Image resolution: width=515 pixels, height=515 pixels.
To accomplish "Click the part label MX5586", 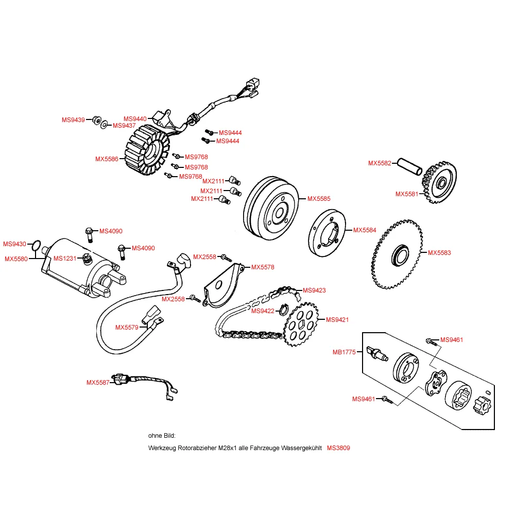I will [106, 159].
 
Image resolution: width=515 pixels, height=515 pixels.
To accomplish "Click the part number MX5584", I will [364, 230].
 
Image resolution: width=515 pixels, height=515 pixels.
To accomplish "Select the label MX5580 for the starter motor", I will [16, 259].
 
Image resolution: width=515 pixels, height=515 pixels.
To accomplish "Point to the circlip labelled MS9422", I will [282, 310].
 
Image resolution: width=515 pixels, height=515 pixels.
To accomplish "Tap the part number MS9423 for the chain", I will [314, 290].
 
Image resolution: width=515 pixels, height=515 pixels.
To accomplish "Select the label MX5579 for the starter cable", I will [127, 327].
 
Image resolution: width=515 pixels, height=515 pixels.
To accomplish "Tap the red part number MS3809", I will [338, 448].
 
